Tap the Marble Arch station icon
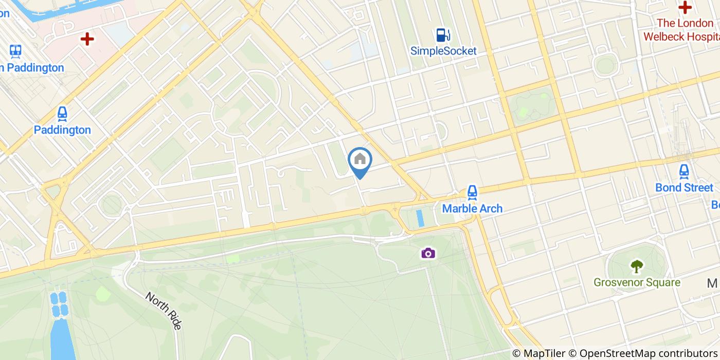[x=472, y=193]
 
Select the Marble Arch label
[x=472, y=208]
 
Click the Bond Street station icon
[x=684, y=172]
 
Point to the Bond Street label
[x=684, y=188]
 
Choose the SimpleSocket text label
[x=443, y=51]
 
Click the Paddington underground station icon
[x=62, y=114]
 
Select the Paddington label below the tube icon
[x=62, y=130]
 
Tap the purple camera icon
[x=428, y=253]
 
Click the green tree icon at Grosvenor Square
[x=637, y=266]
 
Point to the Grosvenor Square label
[x=637, y=282]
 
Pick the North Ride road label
[x=164, y=311]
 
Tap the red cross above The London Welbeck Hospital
[x=685, y=7]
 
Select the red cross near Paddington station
[x=87, y=39]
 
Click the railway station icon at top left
[x=15, y=51]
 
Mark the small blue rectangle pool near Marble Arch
[x=420, y=218]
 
